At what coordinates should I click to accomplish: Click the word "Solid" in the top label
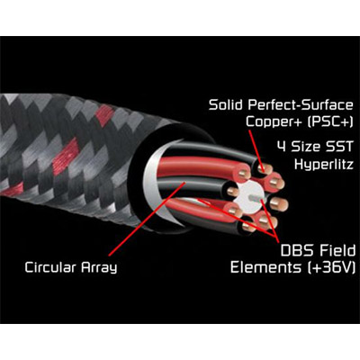click(x=226, y=105)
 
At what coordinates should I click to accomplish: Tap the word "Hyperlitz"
click(x=324, y=165)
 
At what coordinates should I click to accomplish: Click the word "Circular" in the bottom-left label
click(x=50, y=266)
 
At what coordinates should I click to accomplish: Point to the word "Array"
click(x=99, y=268)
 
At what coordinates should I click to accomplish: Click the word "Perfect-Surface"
click(x=301, y=105)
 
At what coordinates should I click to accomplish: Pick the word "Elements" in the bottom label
click(x=265, y=266)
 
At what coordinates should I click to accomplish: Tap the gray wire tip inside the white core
click(x=255, y=197)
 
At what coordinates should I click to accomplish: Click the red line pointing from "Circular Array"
click(x=148, y=219)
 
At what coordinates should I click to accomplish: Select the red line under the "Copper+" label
click(x=256, y=150)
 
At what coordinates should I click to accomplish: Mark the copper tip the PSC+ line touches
click(x=265, y=169)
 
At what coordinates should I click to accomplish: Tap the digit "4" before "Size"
click(x=282, y=147)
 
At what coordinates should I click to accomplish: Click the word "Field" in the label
click(x=337, y=250)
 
